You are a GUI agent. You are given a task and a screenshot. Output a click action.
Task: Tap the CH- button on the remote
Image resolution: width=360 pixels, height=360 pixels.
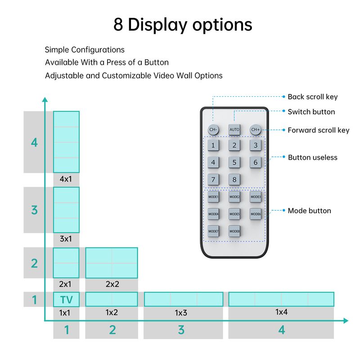point(213,130)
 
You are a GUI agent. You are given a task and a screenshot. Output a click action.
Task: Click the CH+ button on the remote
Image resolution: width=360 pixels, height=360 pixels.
point(256,130)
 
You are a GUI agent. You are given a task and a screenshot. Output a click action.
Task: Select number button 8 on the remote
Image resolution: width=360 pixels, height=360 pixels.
point(234,180)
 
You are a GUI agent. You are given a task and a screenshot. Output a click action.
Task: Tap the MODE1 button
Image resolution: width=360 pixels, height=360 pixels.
point(213,197)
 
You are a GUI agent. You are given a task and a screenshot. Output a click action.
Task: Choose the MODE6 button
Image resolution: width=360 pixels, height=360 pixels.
point(256,214)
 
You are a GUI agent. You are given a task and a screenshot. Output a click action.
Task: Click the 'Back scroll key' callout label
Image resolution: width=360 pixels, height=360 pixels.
point(312,97)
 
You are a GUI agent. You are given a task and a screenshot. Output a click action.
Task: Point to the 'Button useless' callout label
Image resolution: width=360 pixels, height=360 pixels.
point(312,157)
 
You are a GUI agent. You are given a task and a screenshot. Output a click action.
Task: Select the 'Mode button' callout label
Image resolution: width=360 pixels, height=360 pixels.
point(309,211)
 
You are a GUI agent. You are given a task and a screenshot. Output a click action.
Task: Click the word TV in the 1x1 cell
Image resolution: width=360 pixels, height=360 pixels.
point(66,300)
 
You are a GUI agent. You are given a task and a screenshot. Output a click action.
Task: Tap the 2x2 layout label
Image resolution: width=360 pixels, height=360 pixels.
point(112,284)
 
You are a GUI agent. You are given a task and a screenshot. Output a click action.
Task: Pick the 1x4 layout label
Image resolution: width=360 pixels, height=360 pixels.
point(281,311)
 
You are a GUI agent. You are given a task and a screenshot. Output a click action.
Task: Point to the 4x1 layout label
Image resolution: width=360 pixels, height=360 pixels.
point(66,179)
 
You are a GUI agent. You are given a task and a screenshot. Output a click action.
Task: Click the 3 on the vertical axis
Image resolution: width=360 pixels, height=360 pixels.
point(34,210)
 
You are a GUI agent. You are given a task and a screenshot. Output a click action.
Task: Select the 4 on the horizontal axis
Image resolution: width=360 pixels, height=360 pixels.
point(281,330)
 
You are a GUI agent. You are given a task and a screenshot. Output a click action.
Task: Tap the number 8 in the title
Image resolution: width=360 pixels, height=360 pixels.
point(118,24)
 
